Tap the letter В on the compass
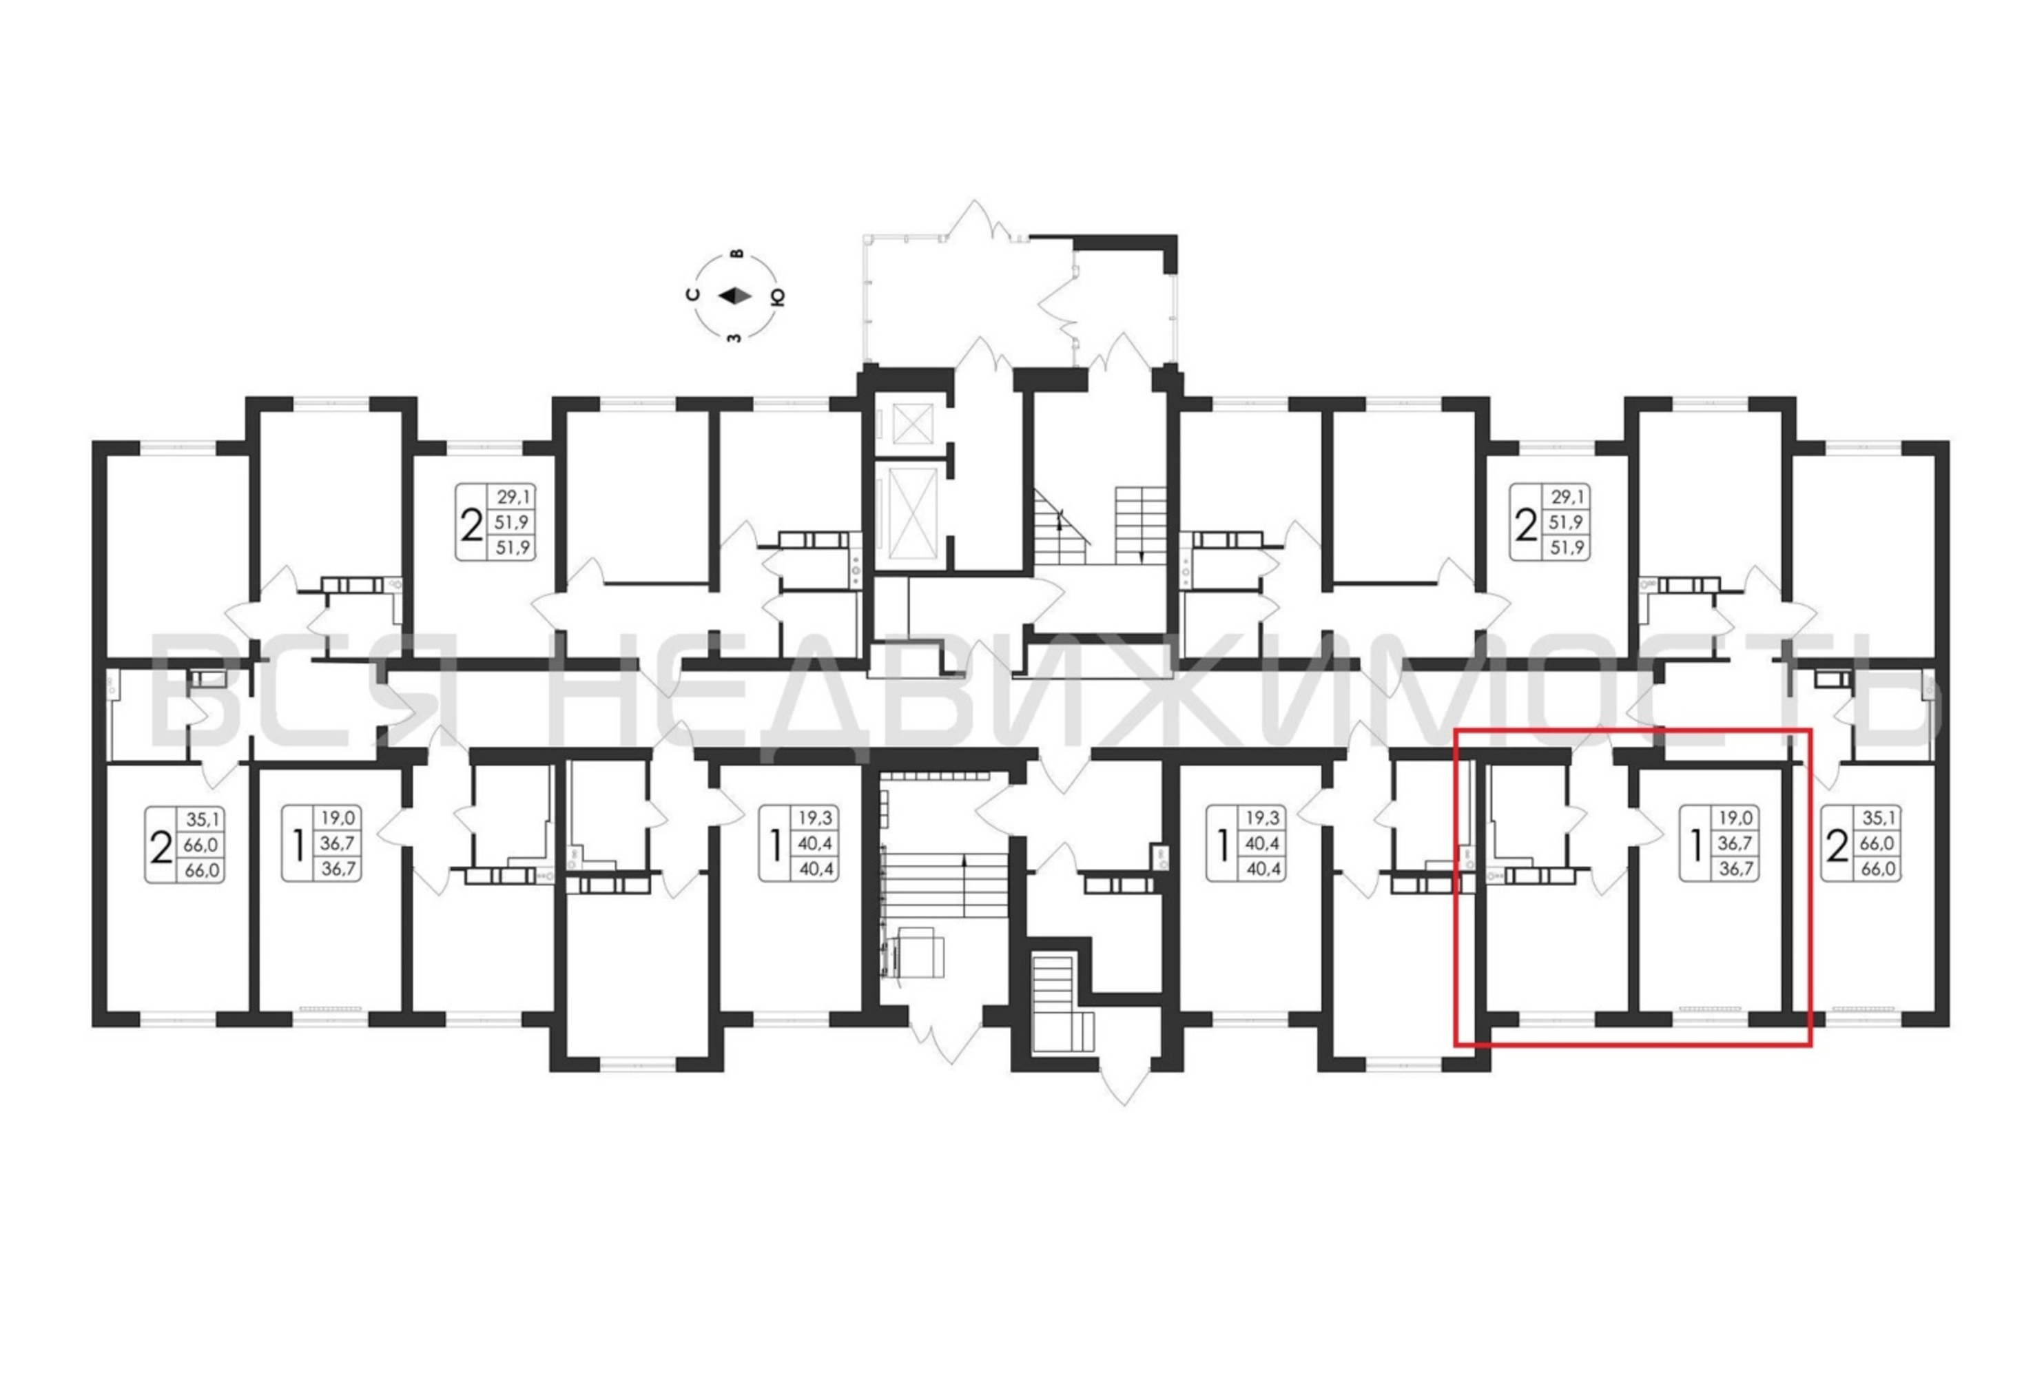click(x=737, y=254)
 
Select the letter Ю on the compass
click(x=778, y=297)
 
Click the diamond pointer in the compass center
click(x=736, y=296)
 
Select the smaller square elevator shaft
click(x=911, y=424)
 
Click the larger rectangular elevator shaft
click(x=911, y=514)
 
